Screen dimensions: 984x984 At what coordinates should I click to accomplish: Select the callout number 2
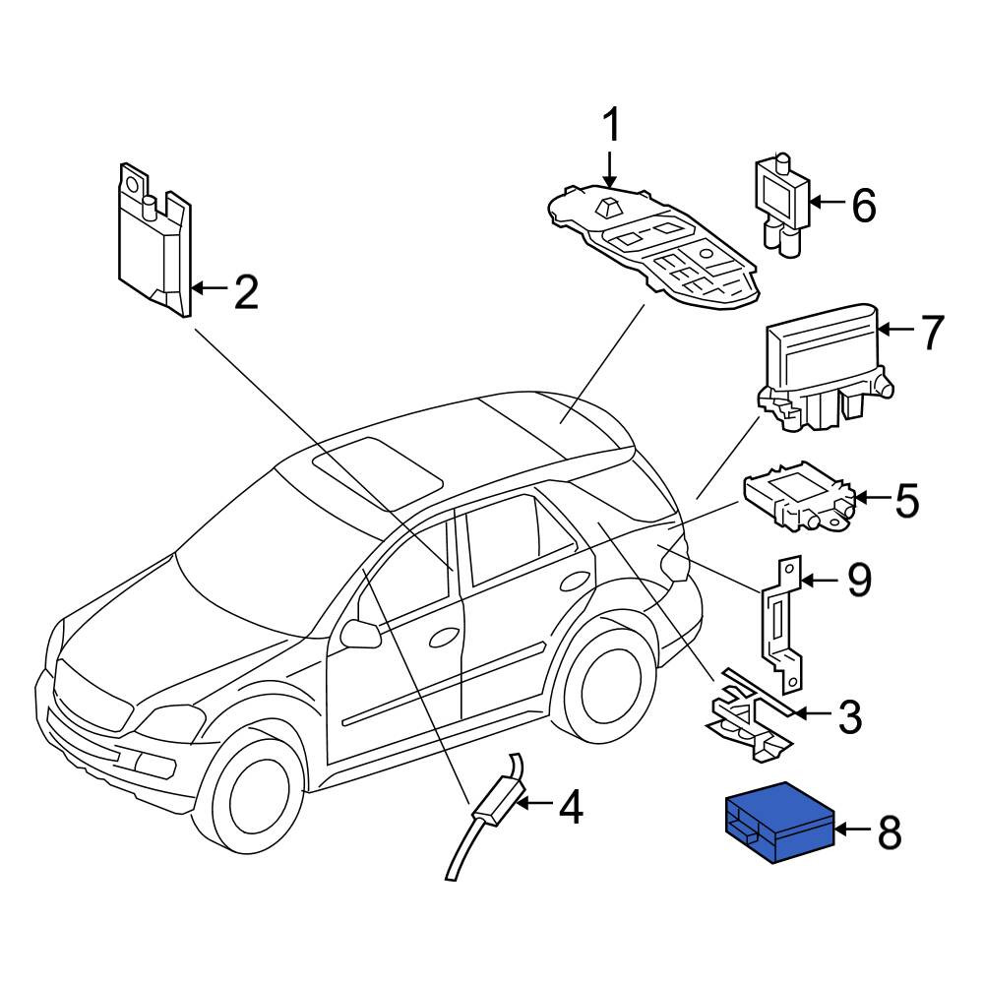pyautogui.click(x=247, y=291)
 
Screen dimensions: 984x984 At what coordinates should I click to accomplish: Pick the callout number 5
pyautogui.click(x=906, y=500)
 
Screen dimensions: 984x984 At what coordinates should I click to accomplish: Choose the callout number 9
pyautogui.click(x=859, y=581)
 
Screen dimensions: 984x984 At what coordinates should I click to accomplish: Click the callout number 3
pyautogui.click(x=850, y=716)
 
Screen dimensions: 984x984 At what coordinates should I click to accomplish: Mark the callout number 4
pyautogui.click(x=571, y=807)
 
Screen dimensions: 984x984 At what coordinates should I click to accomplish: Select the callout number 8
pyautogui.click(x=890, y=832)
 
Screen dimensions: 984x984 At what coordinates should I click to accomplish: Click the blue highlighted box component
pyautogui.click(x=780, y=822)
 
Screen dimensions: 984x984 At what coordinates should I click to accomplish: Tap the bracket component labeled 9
pyautogui.click(x=783, y=624)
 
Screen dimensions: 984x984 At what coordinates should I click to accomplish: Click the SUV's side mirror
pyautogui.click(x=359, y=634)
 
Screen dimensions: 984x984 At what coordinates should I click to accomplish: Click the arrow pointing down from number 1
pyautogui.click(x=609, y=167)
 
